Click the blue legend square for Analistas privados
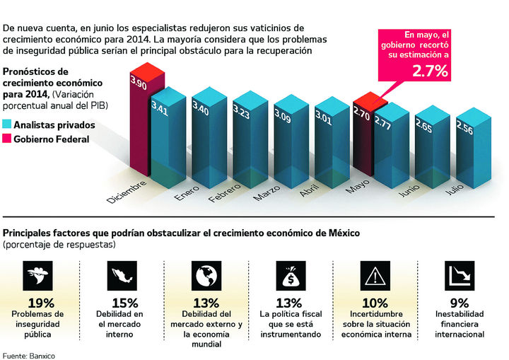(x=7, y=124)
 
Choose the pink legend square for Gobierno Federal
(x=7, y=139)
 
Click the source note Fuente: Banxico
(x=28, y=354)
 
